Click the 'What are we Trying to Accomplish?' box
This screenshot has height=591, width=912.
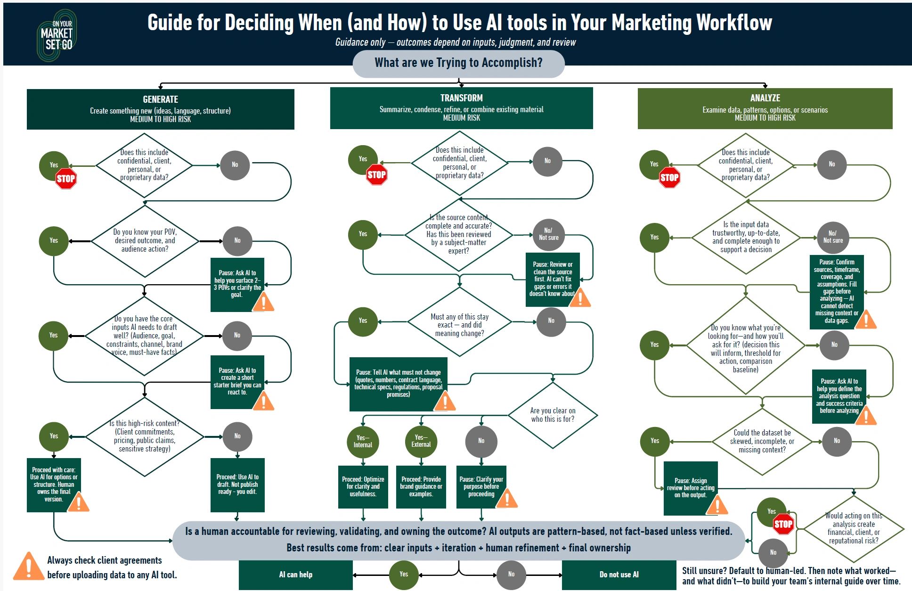pos(458,63)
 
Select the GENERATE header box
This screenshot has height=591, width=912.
pos(160,109)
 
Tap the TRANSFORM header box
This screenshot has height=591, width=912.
pos(461,108)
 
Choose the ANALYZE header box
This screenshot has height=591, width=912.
pos(765,108)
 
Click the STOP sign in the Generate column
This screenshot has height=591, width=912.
pos(66,179)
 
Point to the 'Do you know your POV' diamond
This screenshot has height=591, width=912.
pos(145,240)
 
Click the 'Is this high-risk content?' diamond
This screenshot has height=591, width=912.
pos(145,436)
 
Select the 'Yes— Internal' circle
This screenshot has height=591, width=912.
pos(363,441)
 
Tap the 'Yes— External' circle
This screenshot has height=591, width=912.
pos(421,441)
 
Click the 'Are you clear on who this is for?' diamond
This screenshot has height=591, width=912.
pos(553,415)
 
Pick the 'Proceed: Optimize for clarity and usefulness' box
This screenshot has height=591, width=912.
pos(363,486)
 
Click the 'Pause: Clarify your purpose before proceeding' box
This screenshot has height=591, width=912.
pos(481,486)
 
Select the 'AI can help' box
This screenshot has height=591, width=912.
pos(295,575)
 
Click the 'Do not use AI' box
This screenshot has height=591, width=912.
pos(619,575)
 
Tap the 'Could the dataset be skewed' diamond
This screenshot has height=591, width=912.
pos(762,441)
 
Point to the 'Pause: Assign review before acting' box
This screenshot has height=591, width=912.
pos(691,488)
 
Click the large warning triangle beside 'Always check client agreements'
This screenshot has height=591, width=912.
pos(28,567)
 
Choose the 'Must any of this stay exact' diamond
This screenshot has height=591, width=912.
pos(459,325)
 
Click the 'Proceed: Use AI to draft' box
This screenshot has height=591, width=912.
pos(237,484)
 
